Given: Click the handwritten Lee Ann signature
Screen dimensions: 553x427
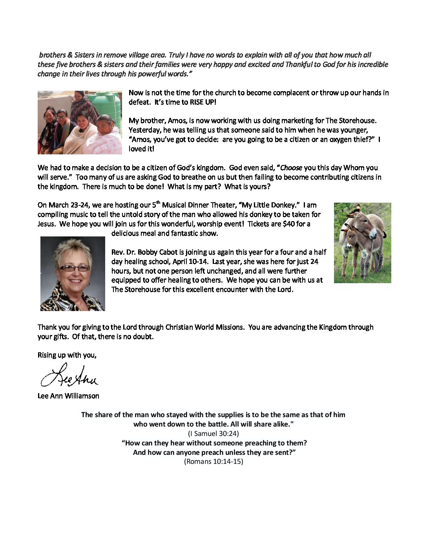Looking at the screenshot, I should click(x=69, y=376).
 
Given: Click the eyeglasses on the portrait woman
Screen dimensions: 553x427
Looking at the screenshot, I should click(x=74, y=268).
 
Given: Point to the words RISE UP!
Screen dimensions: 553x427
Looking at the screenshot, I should click(x=203, y=102).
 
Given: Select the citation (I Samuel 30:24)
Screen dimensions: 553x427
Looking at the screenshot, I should click(x=213, y=434).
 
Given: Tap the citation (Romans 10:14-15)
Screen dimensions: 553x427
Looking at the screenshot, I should click(x=213, y=461).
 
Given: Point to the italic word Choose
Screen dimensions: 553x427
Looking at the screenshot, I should click(x=291, y=168).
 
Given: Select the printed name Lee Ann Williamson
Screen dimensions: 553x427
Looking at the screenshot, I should click(x=68, y=396).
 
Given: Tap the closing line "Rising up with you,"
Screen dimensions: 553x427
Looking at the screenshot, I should click(x=67, y=355).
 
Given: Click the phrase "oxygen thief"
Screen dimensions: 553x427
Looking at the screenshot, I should click(x=348, y=139).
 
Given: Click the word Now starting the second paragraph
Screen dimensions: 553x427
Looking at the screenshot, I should click(x=136, y=93).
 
